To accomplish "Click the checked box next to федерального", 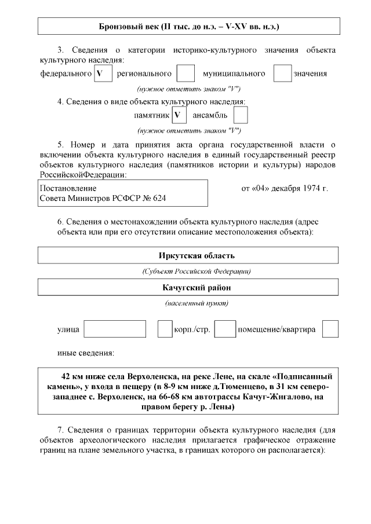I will tap(102, 74).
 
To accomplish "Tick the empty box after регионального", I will tap(185, 74).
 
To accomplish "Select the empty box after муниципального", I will tap(282, 74).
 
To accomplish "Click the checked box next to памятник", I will tap(179, 115).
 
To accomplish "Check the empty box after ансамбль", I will tap(241, 115).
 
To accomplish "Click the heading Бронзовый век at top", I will tap(188, 27).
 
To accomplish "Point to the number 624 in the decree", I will tap(159, 199).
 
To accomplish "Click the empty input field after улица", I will tap(115, 329).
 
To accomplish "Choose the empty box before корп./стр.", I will tap(165, 329).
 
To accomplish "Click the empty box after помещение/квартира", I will tap(330, 329).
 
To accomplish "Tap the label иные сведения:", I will tap(85, 353).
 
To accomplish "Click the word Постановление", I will tap(68, 189).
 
